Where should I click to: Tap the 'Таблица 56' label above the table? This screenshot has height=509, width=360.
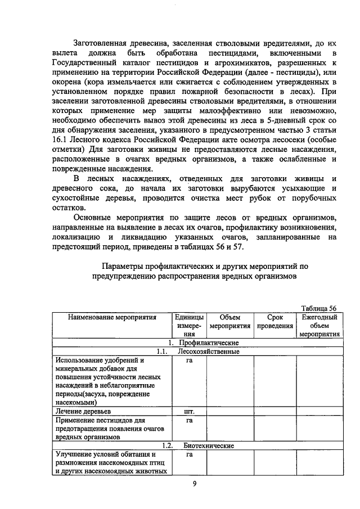(319, 308)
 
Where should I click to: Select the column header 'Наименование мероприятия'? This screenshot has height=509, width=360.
(111, 317)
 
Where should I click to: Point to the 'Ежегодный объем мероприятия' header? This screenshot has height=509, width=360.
(319, 325)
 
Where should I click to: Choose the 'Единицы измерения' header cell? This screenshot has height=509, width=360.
(189, 325)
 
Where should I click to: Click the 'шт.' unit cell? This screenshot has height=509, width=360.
(189, 411)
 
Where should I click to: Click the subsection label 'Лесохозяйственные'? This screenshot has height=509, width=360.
(209, 352)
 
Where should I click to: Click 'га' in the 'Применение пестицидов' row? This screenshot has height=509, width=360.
(189, 420)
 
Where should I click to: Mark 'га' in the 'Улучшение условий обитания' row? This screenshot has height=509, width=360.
(189, 454)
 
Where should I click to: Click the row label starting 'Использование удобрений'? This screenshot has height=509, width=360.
(100, 360)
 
